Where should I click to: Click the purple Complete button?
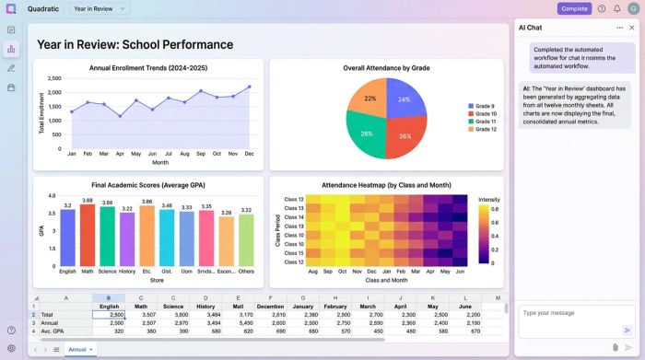(574, 8)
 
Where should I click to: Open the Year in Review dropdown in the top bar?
(100, 8)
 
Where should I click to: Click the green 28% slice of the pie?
(366, 134)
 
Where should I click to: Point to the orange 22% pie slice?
(369, 98)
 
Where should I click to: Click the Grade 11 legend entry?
(484, 122)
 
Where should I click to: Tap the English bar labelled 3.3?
(67, 238)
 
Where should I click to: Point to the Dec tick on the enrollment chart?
(249, 154)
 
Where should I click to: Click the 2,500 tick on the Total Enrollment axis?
(54, 79)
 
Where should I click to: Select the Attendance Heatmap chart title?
(386, 185)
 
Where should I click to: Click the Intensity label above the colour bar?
(488, 199)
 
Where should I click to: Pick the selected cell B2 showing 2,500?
(109, 315)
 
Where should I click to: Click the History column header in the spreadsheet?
(205, 307)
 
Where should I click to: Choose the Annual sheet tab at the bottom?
(77, 350)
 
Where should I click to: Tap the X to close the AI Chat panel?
(632, 28)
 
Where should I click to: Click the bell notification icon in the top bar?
(616, 8)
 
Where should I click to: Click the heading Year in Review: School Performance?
(135, 44)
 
